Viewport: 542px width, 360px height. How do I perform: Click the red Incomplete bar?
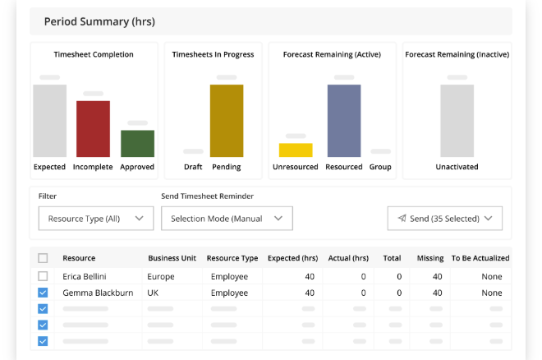tap(93, 128)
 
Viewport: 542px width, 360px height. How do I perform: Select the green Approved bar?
tap(137, 143)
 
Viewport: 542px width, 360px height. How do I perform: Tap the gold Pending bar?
tap(227, 120)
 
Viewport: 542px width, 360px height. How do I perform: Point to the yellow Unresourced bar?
tap(296, 150)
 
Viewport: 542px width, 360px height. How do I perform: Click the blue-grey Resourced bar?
tap(344, 120)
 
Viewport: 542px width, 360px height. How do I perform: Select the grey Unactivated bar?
tap(457, 120)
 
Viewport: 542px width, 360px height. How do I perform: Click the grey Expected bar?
tap(49, 120)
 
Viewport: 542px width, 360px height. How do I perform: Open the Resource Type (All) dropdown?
tap(95, 219)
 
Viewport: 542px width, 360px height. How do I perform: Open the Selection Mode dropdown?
tap(227, 219)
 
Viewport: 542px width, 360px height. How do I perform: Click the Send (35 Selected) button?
tap(444, 219)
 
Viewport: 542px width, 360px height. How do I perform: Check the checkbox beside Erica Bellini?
tap(44, 276)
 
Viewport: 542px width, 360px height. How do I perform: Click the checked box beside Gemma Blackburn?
tap(44, 293)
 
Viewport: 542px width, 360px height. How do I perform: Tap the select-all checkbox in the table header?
tap(44, 258)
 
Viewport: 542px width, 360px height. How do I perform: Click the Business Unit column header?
tap(173, 258)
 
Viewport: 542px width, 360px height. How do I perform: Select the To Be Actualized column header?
tap(480, 258)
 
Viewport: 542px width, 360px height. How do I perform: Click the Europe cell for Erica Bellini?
tap(161, 276)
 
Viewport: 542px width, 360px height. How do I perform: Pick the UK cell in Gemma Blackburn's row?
tap(154, 293)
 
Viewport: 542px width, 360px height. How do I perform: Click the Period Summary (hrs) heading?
tap(99, 21)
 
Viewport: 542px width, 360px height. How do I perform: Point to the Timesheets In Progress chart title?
tap(213, 55)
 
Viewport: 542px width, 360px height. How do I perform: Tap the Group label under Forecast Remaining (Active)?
tap(380, 167)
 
